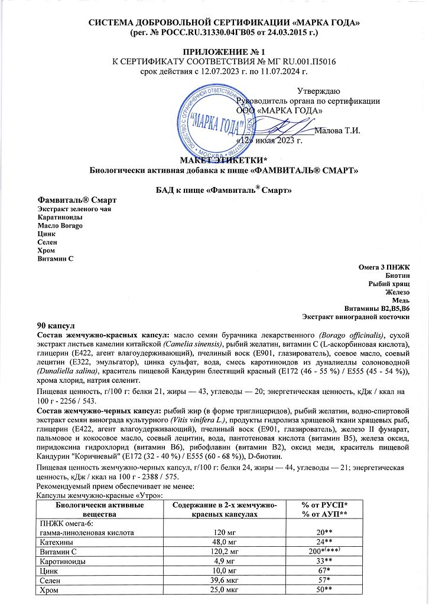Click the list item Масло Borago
pyautogui.click(x=60, y=226)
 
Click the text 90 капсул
pyautogui.click(x=54, y=325)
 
